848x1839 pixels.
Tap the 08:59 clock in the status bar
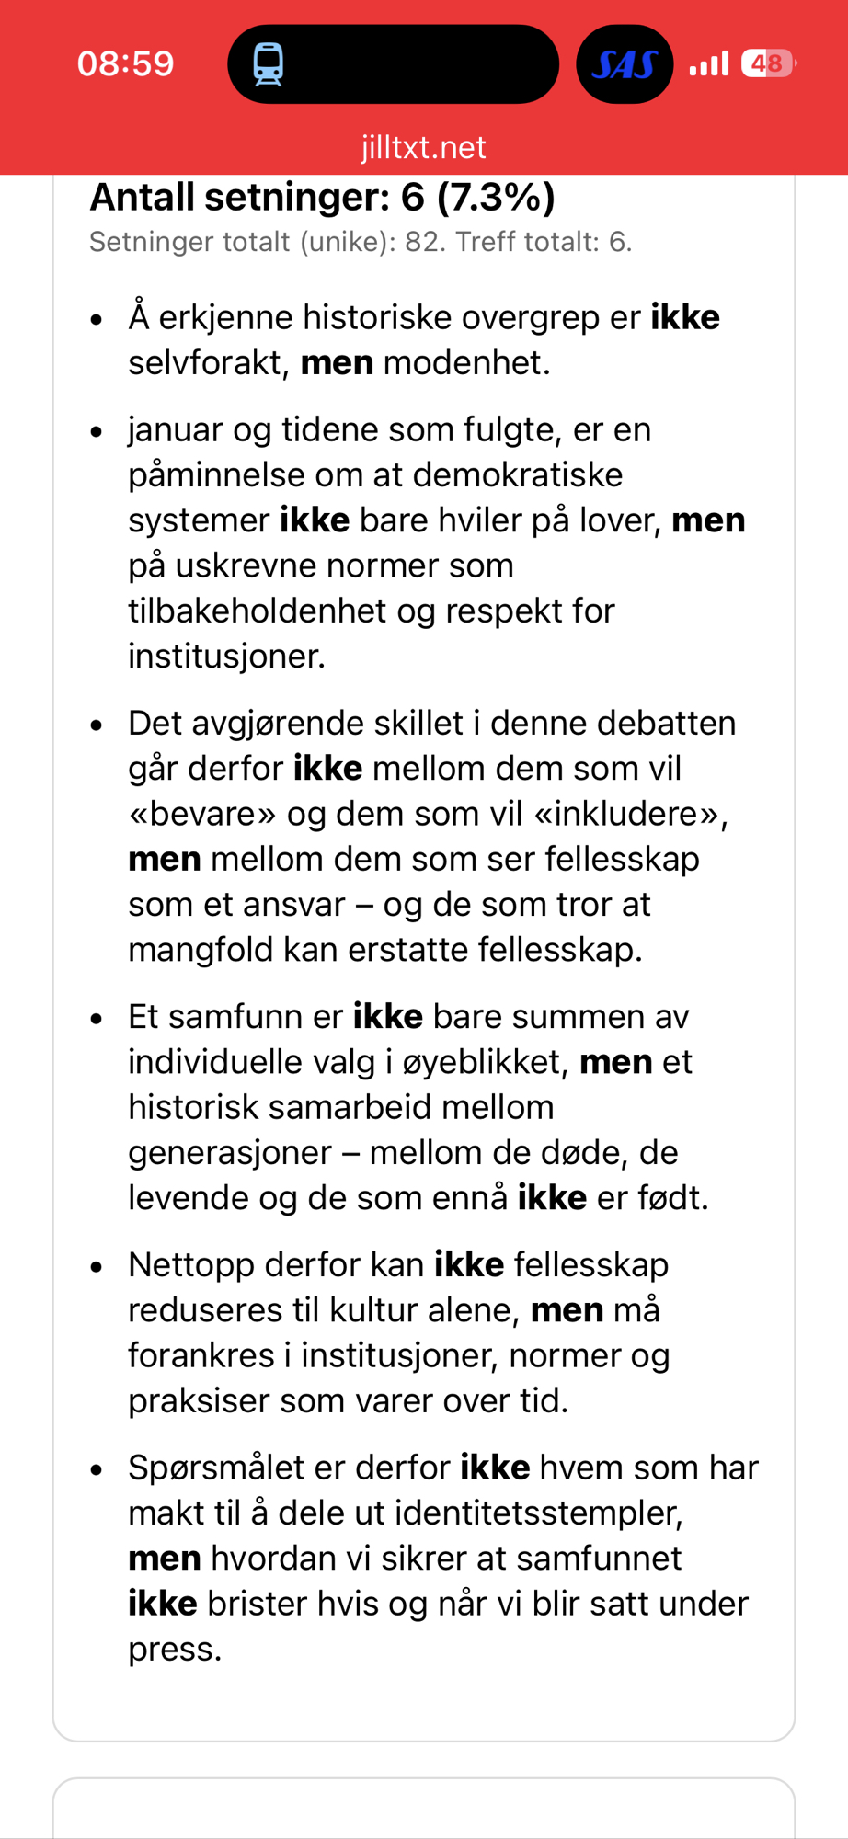pyautogui.click(x=125, y=63)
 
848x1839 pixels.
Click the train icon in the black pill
pyautogui.click(x=269, y=64)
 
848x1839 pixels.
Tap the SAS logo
pyautogui.click(x=625, y=64)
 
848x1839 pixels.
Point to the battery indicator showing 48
pyautogui.click(x=767, y=63)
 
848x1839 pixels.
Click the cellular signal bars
pyautogui.click(x=709, y=63)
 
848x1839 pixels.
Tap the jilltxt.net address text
pyautogui.click(x=423, y=147)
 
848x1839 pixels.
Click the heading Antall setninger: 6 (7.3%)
pyautogui.click(x=322, y=197)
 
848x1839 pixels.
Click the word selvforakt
pyautogui.click(x=209, y=362)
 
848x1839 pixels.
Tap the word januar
pyautogui.click(x=175, y=429)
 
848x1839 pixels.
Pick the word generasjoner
pyautogui.click(x=229, y=1152)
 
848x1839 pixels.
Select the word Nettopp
pyautogui.click(x=188, y=1265)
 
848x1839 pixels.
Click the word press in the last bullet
pyautogui.click(x=174, y=1649)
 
